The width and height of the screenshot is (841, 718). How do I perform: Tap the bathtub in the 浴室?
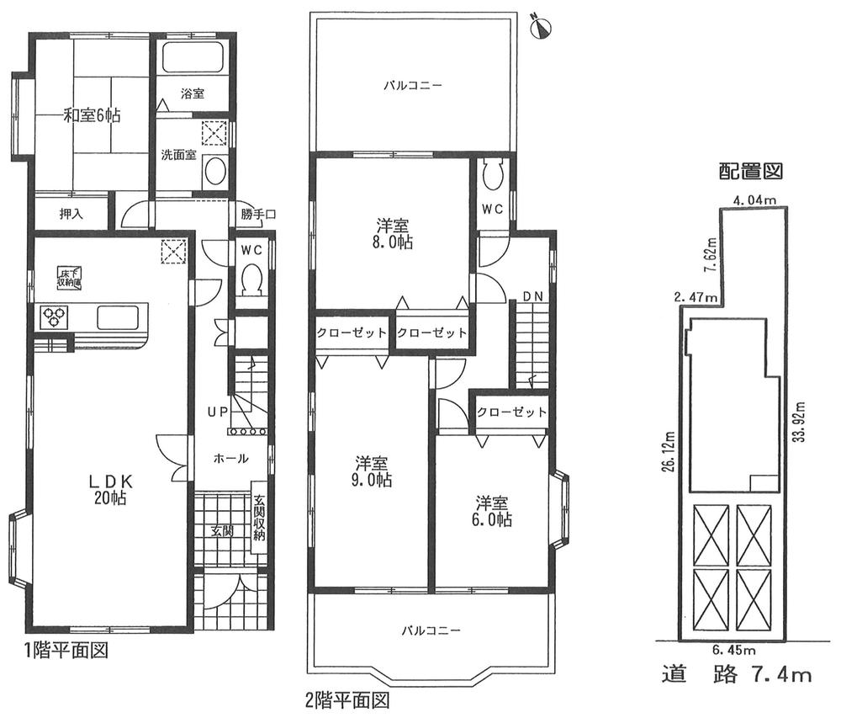[191, 61]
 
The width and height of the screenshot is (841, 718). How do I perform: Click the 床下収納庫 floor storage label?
[69, 277]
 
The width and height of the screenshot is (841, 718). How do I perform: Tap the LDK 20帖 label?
[109, 489]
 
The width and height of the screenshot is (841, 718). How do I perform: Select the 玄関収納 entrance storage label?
[260, 517]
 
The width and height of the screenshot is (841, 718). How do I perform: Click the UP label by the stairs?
[218, 412]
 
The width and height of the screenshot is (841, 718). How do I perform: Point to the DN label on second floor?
[532, 295]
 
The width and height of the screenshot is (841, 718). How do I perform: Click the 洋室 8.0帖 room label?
[393, 233]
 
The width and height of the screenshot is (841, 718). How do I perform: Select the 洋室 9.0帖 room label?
[371, 471]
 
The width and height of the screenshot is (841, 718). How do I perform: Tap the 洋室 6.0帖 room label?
[493, 511]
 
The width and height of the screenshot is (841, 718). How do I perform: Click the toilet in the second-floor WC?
[493, 175]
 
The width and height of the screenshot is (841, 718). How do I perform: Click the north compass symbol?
[541, 27]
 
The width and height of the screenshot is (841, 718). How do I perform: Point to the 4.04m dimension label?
[754, 199]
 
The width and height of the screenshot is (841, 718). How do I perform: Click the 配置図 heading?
[750, 172]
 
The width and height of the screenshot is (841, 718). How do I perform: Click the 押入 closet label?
[71, 214]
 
